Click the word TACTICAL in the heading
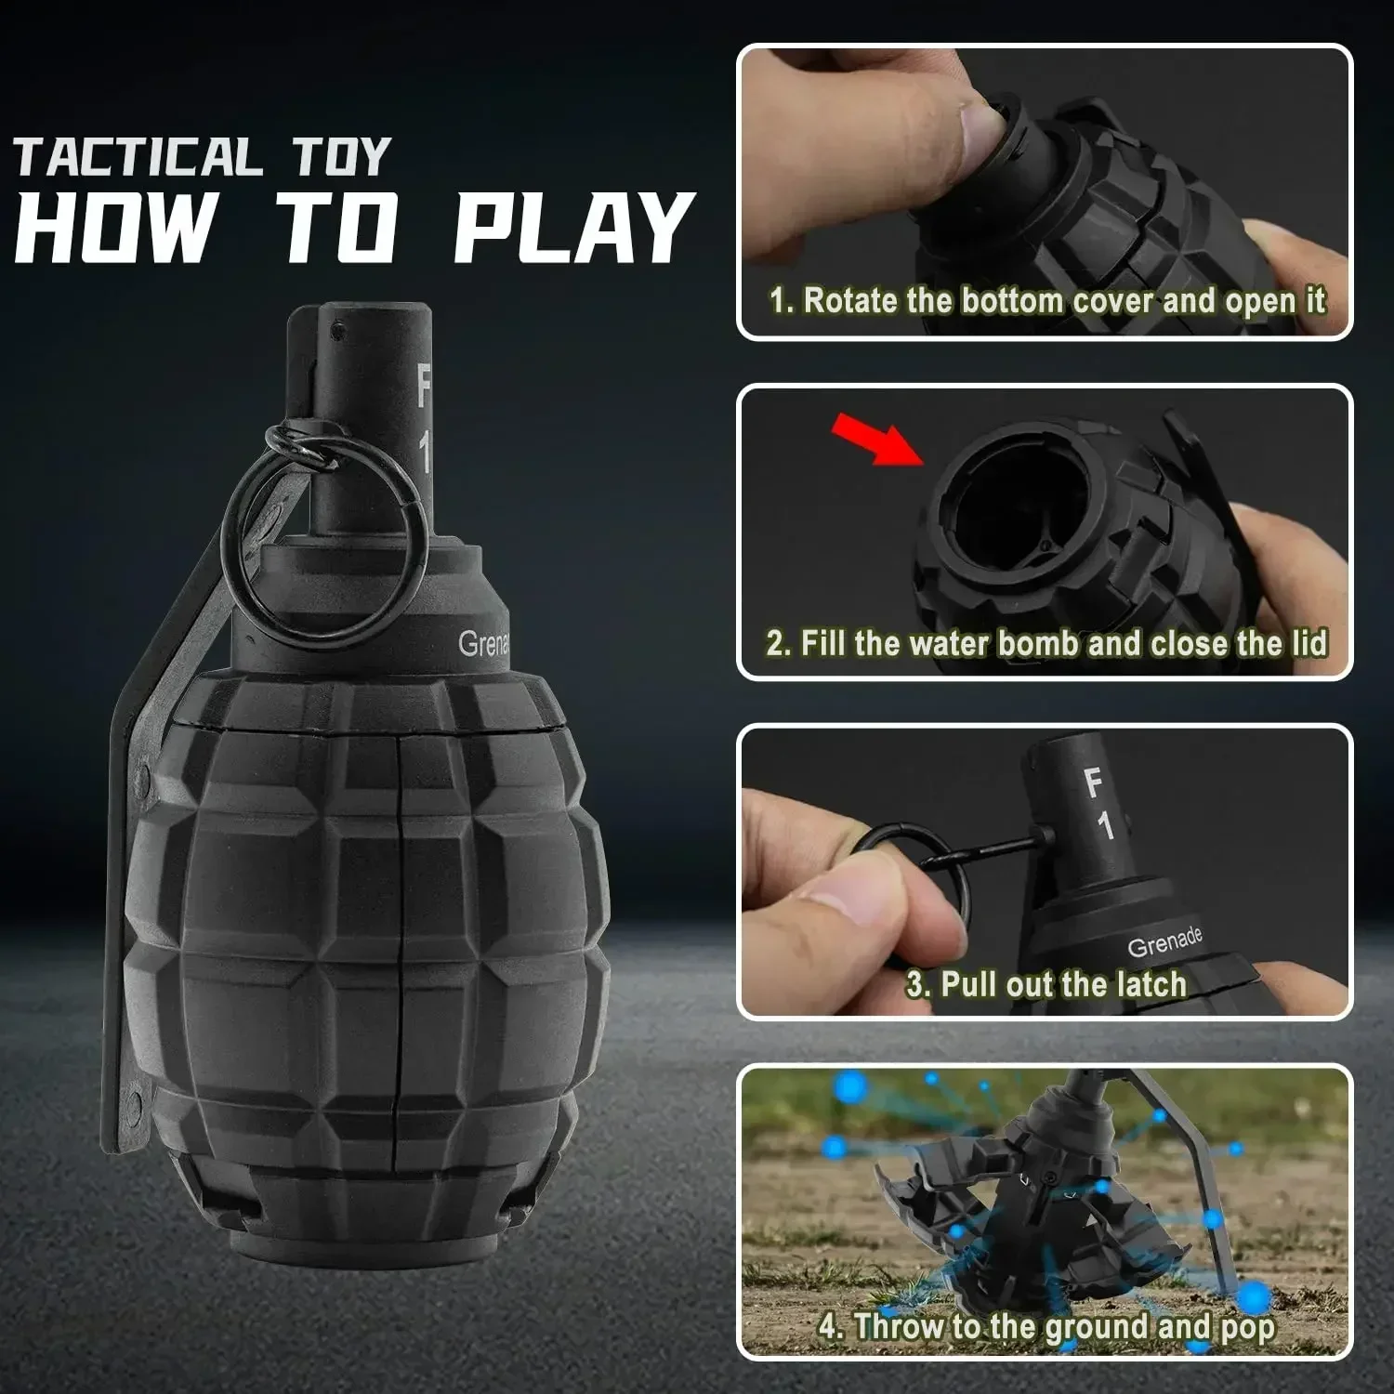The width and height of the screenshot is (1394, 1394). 138,157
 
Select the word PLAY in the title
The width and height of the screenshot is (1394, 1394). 573,228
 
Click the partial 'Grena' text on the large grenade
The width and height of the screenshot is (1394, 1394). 483,644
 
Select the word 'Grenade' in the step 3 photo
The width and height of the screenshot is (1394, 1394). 1164,942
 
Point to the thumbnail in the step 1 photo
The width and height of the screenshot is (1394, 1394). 980,130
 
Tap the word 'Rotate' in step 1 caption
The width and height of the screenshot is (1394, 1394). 842,301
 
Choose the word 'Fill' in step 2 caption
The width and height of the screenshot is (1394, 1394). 823,643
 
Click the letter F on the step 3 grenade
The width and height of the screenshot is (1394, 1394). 1093,783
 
